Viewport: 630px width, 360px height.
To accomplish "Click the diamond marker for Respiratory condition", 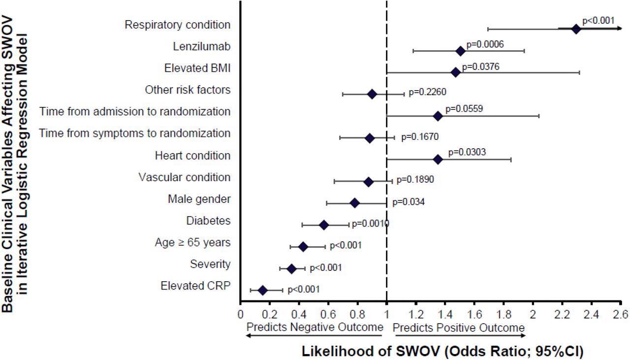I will coord(576,29).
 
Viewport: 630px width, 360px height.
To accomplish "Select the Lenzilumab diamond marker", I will coord(460,51).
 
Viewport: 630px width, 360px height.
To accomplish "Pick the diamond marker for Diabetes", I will coord(323,225).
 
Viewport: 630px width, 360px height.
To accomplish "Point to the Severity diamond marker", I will coord(291,269).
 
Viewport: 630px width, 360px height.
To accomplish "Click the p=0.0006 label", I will coord(485,44).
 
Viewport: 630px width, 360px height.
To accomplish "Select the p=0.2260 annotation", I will coord(427,91).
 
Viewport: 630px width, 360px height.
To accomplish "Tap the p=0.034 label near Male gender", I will coord(408,202).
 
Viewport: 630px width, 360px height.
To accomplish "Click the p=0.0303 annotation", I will coord(467,152).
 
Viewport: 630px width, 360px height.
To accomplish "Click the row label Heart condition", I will coord(192,156).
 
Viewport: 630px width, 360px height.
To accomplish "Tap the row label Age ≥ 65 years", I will coord(192,243).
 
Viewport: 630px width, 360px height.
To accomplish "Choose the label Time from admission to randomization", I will coord(135,112).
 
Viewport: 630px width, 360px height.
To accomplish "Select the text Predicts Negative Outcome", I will coord(315,327).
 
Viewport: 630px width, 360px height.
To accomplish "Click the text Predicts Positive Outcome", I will coord(459,327).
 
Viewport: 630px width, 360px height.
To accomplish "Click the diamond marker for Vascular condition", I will coord(368,182).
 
